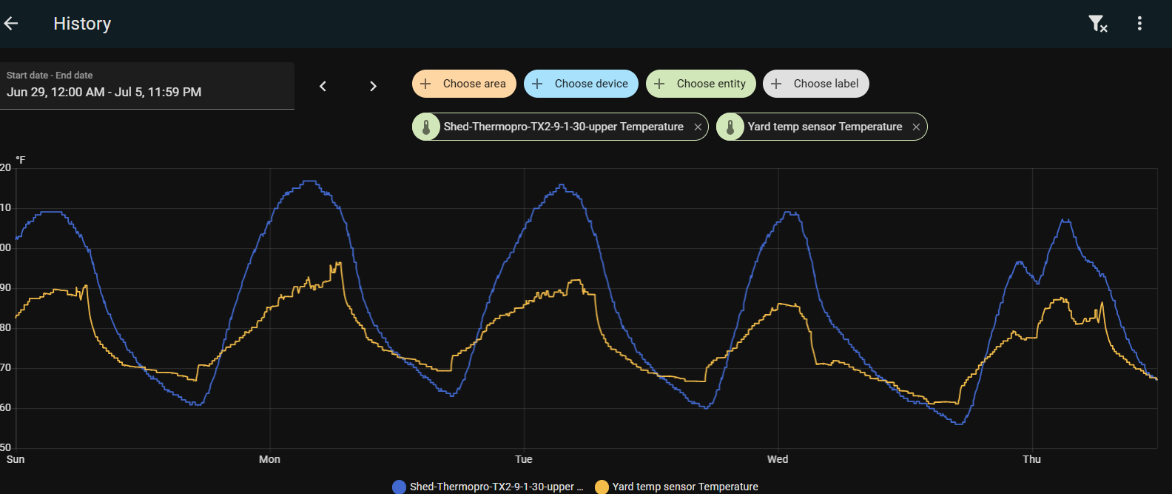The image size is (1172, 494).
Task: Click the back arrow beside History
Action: tap(10, 24)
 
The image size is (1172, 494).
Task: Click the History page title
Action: tap(82, 24)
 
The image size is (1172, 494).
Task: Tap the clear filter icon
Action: tap(1097, 24)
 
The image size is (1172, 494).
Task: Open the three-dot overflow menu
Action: tap(1139, 24)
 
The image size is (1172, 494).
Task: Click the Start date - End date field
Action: tap(146, 85)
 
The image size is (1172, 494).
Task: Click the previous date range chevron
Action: tap(323, 86)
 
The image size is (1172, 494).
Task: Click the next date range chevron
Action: tap(373, 86)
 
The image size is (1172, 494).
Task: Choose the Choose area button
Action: tap(464, 84)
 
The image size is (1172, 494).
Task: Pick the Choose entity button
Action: tap(701, 84)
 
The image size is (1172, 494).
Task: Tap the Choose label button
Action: tap(815, 84)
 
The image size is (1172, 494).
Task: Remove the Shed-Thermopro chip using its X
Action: tap(698, 127)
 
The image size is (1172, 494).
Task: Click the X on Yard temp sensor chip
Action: tap(916, 127)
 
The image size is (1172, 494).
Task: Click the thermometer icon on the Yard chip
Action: tap(730, 127)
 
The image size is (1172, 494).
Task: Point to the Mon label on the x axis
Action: tap(269, 459)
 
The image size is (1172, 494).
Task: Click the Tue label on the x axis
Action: tap(524, 459)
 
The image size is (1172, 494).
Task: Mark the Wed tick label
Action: tap(778, 459)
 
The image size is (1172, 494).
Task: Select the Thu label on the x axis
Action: tap(1031, 459)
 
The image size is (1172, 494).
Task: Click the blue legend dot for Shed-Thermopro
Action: tap(400, 487)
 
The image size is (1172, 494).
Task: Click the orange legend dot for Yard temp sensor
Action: tap(602, 487)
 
